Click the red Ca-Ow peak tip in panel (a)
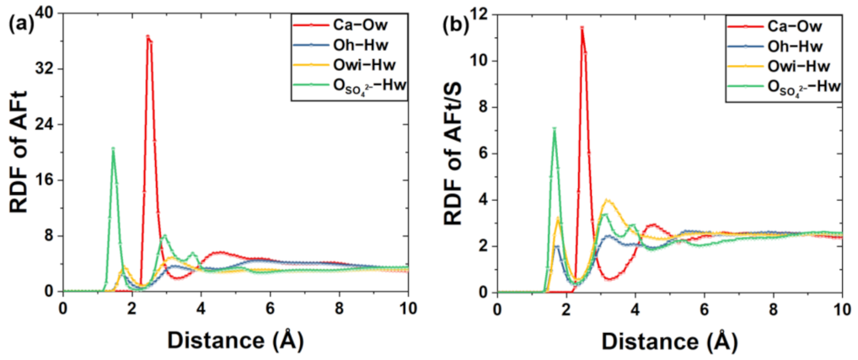(x=147, y=37)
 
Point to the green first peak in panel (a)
(x=113, y=149)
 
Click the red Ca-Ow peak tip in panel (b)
(x=582, y=28)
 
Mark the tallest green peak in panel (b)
(x=554, y=129)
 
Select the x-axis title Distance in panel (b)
(x=670, y=341)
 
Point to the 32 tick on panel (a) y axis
(x=49, y=67)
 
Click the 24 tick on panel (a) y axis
(x=49, y=124)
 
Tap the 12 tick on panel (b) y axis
(x=483, y=14)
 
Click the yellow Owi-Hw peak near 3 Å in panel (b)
(x=608, y=201)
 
